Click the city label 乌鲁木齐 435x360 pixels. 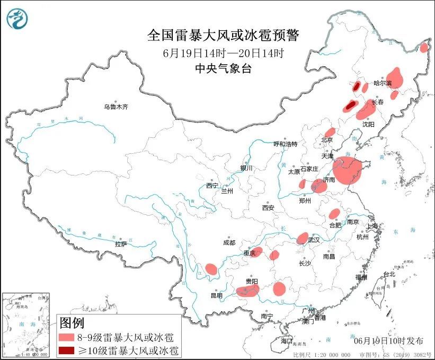116,107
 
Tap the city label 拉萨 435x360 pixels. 121,244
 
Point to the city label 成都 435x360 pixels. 228,242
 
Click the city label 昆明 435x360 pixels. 216,295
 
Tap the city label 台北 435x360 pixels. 389,274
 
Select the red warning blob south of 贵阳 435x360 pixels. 247,290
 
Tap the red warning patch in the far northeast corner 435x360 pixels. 424,48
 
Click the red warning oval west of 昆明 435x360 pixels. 211,269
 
